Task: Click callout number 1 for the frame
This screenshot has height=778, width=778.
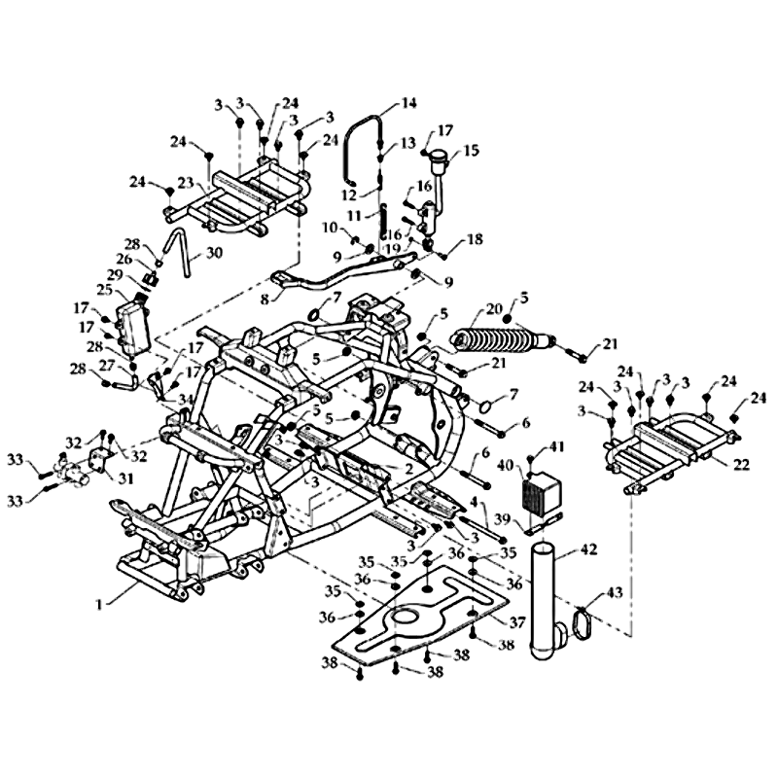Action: click(x=99, y=604)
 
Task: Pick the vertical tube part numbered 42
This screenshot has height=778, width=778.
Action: click(x=545, y=603)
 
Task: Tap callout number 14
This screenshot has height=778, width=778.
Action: click(x=407, y=103)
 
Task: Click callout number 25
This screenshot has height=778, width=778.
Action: click(x=104, y=290)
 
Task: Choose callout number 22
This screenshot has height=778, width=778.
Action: click(x=741, y=465)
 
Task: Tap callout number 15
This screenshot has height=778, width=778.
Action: click(x=471, y=151)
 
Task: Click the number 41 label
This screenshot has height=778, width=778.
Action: click(x=556, y=446)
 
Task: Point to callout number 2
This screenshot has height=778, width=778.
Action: click(x=408, y=469)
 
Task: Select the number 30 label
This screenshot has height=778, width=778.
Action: click(x=214, y=253)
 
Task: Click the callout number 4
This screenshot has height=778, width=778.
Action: click(x=475, y=502)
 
